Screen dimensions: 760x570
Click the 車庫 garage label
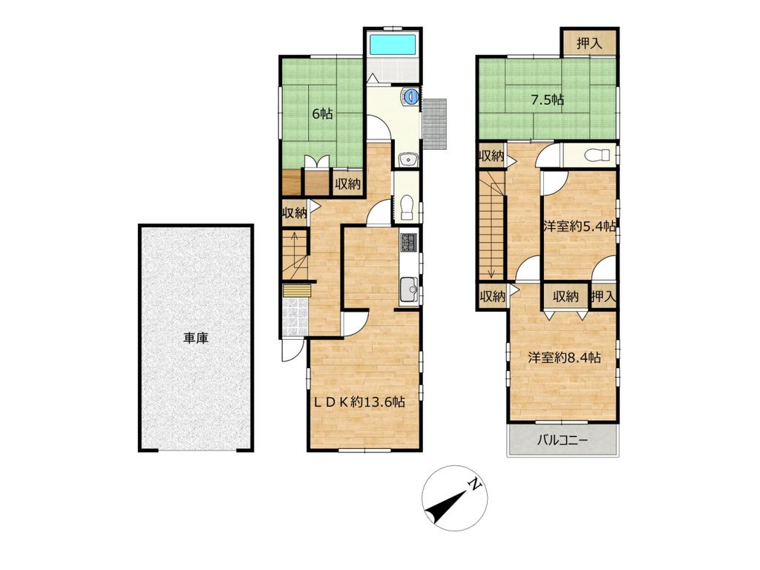[196, 338]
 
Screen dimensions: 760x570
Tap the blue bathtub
[393, 45]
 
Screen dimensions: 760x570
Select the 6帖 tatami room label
[322, 114]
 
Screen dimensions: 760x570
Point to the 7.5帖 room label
[547, 100]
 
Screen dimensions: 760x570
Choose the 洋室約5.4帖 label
[580, 226]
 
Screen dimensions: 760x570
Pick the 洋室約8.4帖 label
[565, 357]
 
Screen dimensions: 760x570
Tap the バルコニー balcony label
[563, 441]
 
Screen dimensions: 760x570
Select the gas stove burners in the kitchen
[407, 243]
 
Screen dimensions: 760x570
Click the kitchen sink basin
[409, 289]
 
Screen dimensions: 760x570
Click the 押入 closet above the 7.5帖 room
[589, 43]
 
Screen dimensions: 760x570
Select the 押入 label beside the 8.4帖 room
[603, 295]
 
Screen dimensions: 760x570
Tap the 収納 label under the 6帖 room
[347, 184]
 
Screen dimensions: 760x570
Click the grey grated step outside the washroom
[434, 124]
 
